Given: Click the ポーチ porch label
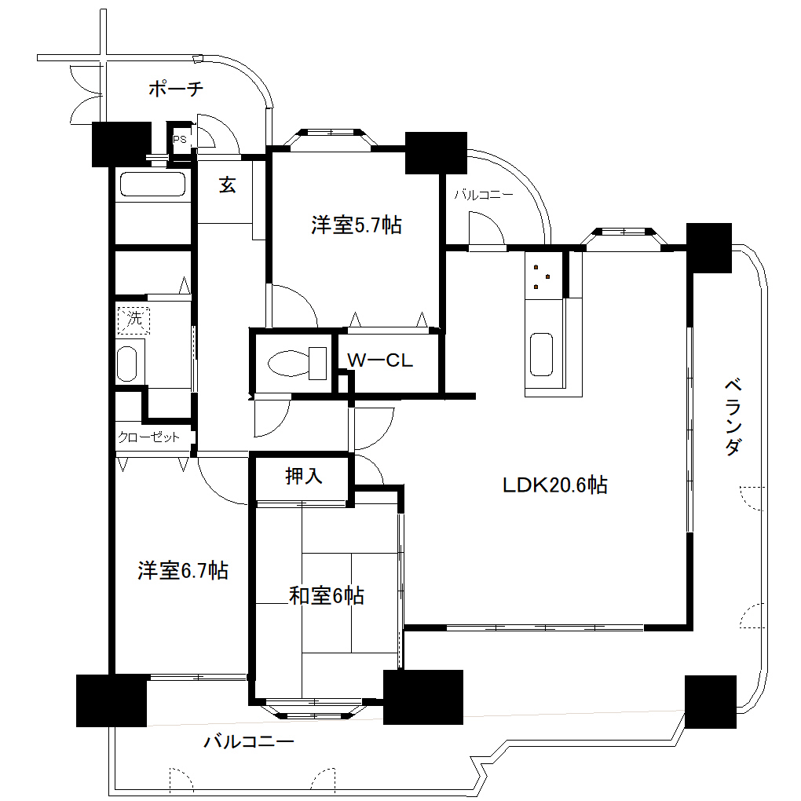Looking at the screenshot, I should pos(176,90).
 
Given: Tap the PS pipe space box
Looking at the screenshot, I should pos(181,140).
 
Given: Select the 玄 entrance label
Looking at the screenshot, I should pos(227,185).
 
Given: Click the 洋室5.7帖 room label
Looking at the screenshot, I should pos(357,225).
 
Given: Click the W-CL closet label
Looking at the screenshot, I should pos(380,360).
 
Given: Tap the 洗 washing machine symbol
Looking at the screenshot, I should pos(133,319).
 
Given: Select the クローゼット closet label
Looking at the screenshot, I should pos(148,437).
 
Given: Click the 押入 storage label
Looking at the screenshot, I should pos(304,476).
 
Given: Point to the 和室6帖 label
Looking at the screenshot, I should pos(326,596).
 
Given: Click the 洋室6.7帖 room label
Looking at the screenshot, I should pos(183,570).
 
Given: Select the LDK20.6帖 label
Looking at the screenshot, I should pos(555,485).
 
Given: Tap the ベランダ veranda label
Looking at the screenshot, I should pos(732,417).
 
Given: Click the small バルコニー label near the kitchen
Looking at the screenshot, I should pos(483,196).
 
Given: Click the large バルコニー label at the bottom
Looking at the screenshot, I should pos(249,741).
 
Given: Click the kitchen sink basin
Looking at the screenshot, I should pos(542,354).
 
